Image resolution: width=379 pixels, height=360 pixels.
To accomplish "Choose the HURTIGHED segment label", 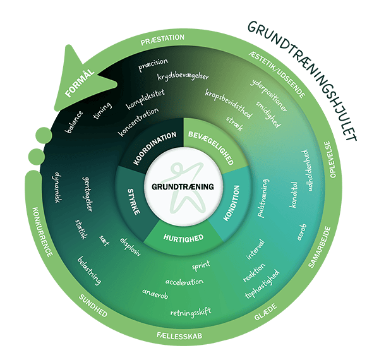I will pos(184,239).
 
